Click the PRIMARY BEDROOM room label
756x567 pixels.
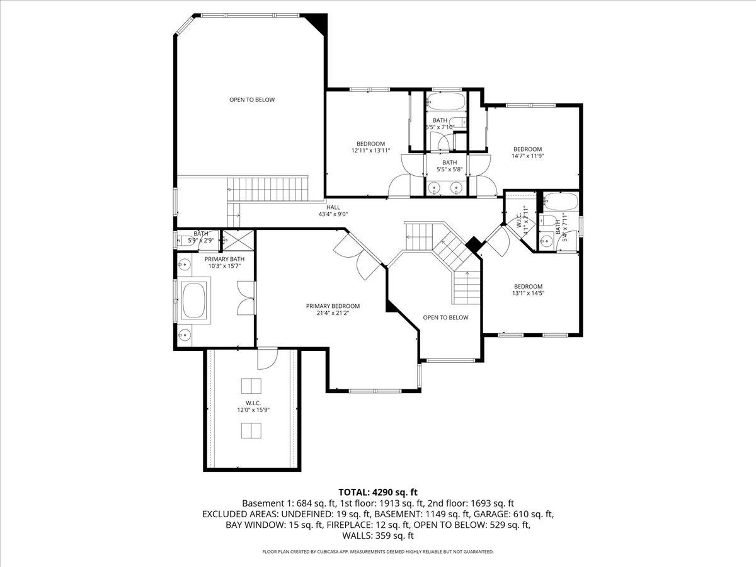(x=333, y=306)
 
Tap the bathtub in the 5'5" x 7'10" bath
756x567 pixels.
(x=445, y=101)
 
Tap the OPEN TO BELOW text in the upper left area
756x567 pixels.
(x=251, y=100)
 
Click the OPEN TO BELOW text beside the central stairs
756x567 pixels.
(x=445, y=318)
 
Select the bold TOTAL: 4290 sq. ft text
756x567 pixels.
(x=378, y=492)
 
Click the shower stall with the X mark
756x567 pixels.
(x=238, y=240)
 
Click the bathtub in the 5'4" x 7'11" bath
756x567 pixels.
(x=560, y=202)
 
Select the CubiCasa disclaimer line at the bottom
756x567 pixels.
(x=378, y=552)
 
